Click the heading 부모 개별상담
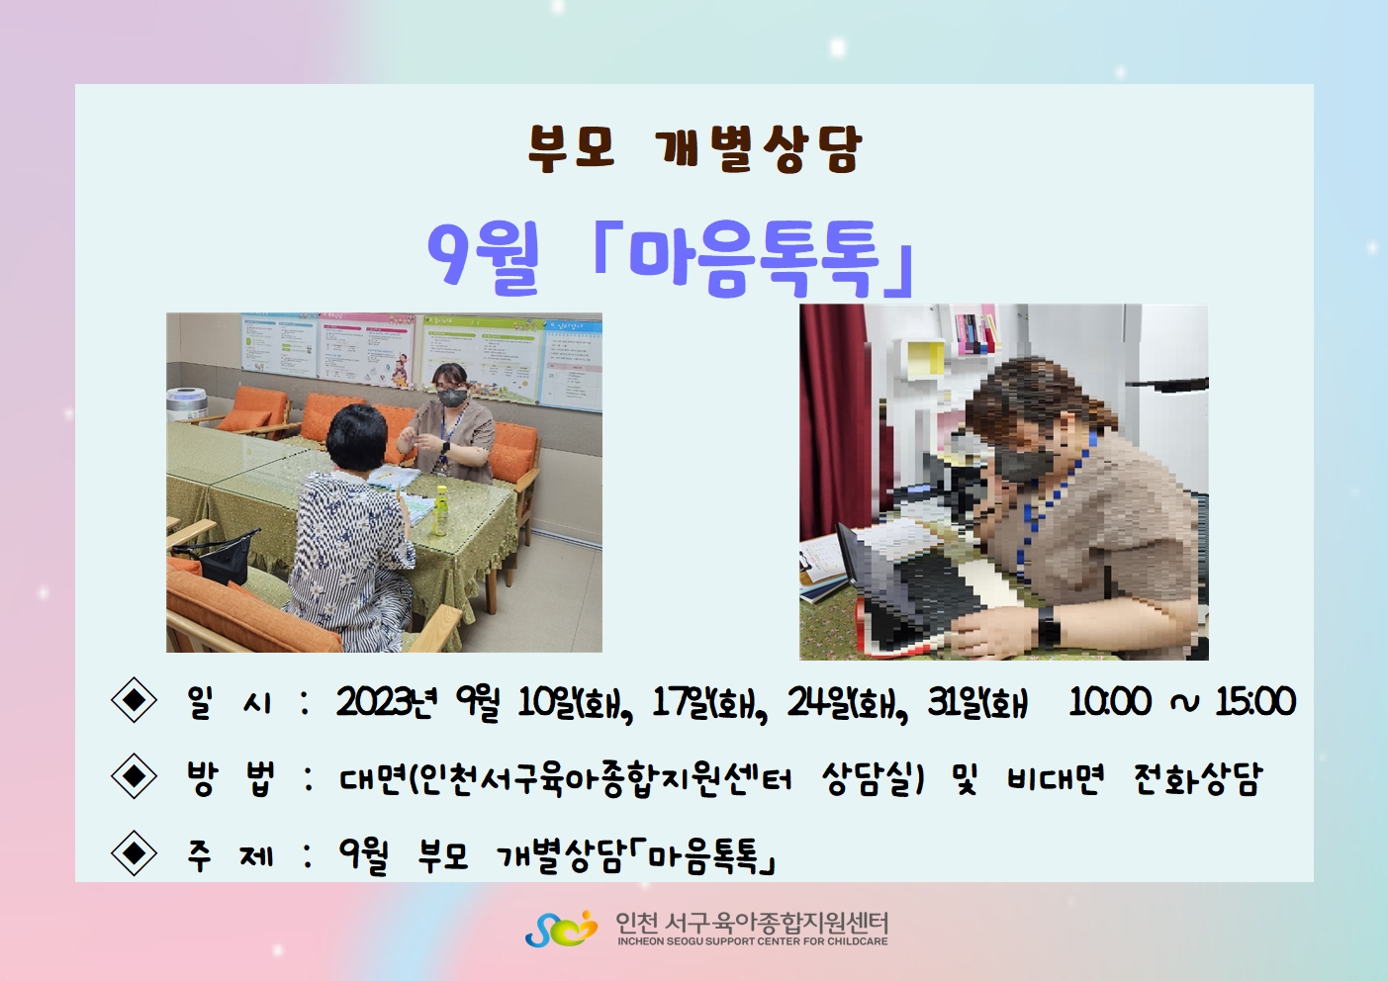[694, 149]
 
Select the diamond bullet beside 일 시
[134, 700]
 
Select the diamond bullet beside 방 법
[134, 776]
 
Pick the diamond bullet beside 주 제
[134, 852]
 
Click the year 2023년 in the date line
[388, 702]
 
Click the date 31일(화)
[977, 704]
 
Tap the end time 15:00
[1255, 702]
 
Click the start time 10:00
[1110, 702]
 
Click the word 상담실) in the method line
[874, 778]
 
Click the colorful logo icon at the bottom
[561, 929]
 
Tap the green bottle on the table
[441, 511]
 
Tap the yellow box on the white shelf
[926, 357]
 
